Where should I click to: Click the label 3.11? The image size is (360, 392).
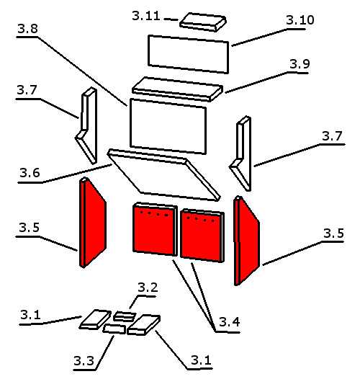146,16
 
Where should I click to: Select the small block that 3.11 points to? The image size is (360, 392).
203,22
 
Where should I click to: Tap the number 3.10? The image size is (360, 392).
300,19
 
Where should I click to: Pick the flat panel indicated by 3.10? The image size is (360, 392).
189,54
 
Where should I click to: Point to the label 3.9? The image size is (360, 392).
300,64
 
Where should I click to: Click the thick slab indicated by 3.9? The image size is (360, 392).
177,89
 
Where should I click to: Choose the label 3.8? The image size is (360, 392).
27,29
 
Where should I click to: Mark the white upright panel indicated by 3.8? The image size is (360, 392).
168,126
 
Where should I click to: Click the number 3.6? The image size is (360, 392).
30,172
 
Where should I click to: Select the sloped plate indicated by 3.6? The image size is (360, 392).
163,175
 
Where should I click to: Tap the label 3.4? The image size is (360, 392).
230,322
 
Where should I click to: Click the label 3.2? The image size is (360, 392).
148,288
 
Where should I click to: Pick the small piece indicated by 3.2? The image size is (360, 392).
125,316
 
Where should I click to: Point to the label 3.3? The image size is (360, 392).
84,360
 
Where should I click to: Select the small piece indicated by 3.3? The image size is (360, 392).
114,329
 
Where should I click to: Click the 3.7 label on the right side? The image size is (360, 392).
332,136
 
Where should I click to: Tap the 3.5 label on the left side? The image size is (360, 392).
29,228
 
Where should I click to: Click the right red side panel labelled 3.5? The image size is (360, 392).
246,241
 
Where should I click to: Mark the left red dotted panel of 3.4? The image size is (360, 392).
155,229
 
